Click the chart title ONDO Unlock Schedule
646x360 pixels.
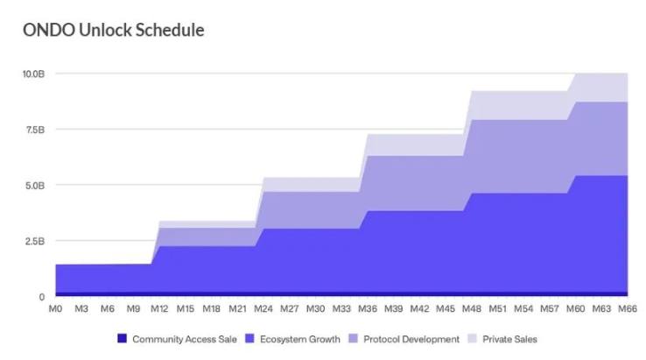[114, 31]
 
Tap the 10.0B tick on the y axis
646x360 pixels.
[33, 74]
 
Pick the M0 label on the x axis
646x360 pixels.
[55, 308]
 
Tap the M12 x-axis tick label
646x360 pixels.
[159, 308]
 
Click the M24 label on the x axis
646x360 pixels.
[263, 308]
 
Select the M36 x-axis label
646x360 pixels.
[367, 308]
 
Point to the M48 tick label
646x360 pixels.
[471, 308]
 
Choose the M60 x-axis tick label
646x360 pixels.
[575, 308]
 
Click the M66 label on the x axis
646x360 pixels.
[627, 308]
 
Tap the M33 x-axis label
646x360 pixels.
[341, 308]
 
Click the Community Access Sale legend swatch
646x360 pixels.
[122, 339]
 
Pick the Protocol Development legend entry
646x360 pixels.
[411, 339]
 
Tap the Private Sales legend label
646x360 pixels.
[509, 339]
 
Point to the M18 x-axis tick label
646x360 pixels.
[211, 308]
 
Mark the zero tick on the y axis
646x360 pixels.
[41, 297]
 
